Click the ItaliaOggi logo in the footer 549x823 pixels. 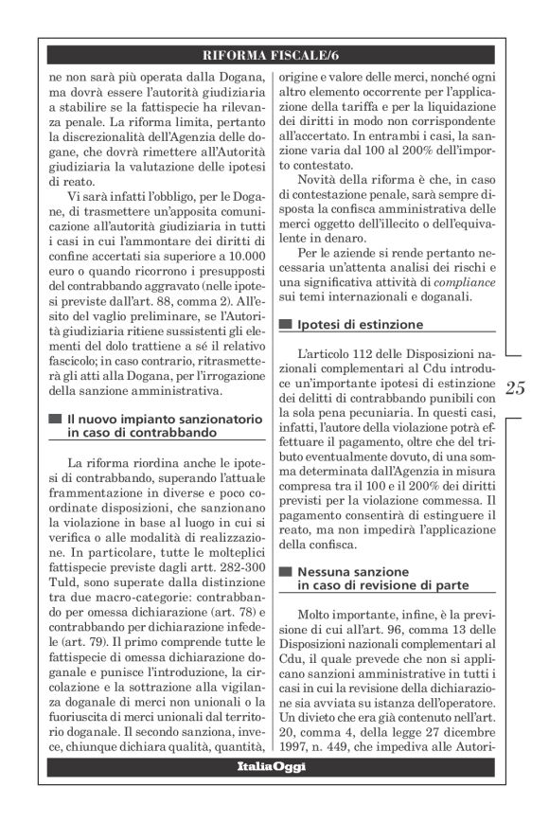[273, 766]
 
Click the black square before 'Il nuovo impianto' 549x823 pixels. [55, 418]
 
